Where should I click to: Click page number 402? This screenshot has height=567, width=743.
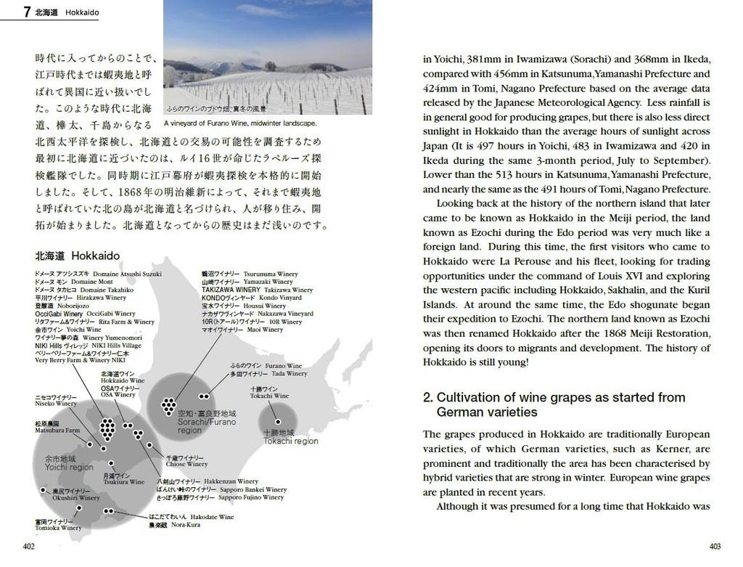click(29, 546)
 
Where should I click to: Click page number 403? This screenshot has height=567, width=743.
click(715, 546)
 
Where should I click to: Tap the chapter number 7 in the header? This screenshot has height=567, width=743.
click(27, 12)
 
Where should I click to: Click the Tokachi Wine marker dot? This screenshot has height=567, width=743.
click(277, 422)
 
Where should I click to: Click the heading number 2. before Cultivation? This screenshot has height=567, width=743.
click(428, 397)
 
